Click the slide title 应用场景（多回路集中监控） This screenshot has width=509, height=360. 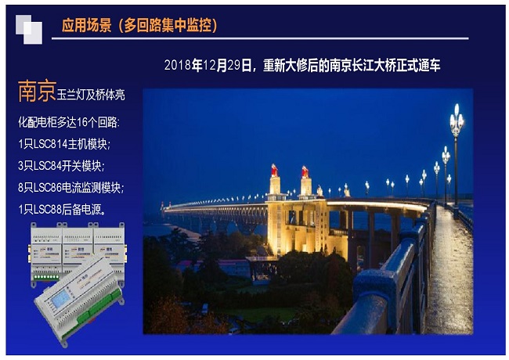(139, 25)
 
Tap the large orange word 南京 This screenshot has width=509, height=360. (37, 91)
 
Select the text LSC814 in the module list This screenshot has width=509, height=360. (50, 144)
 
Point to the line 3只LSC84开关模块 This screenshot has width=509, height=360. (61, 166)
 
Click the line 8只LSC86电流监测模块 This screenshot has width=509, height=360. (70, 188)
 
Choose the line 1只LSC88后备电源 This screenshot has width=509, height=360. (62, 210)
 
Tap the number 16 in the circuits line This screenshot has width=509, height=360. (82, 122)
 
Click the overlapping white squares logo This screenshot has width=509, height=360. (29, 30)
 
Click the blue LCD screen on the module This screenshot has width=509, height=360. (61, 298)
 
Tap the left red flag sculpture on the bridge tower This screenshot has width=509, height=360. (275, 171)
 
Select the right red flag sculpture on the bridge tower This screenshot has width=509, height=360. (305, 172)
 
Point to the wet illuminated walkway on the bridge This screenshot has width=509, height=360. (450, 269)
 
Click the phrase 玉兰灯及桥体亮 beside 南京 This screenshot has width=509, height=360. (91, 95)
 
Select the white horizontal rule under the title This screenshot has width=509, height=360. (260, 38)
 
